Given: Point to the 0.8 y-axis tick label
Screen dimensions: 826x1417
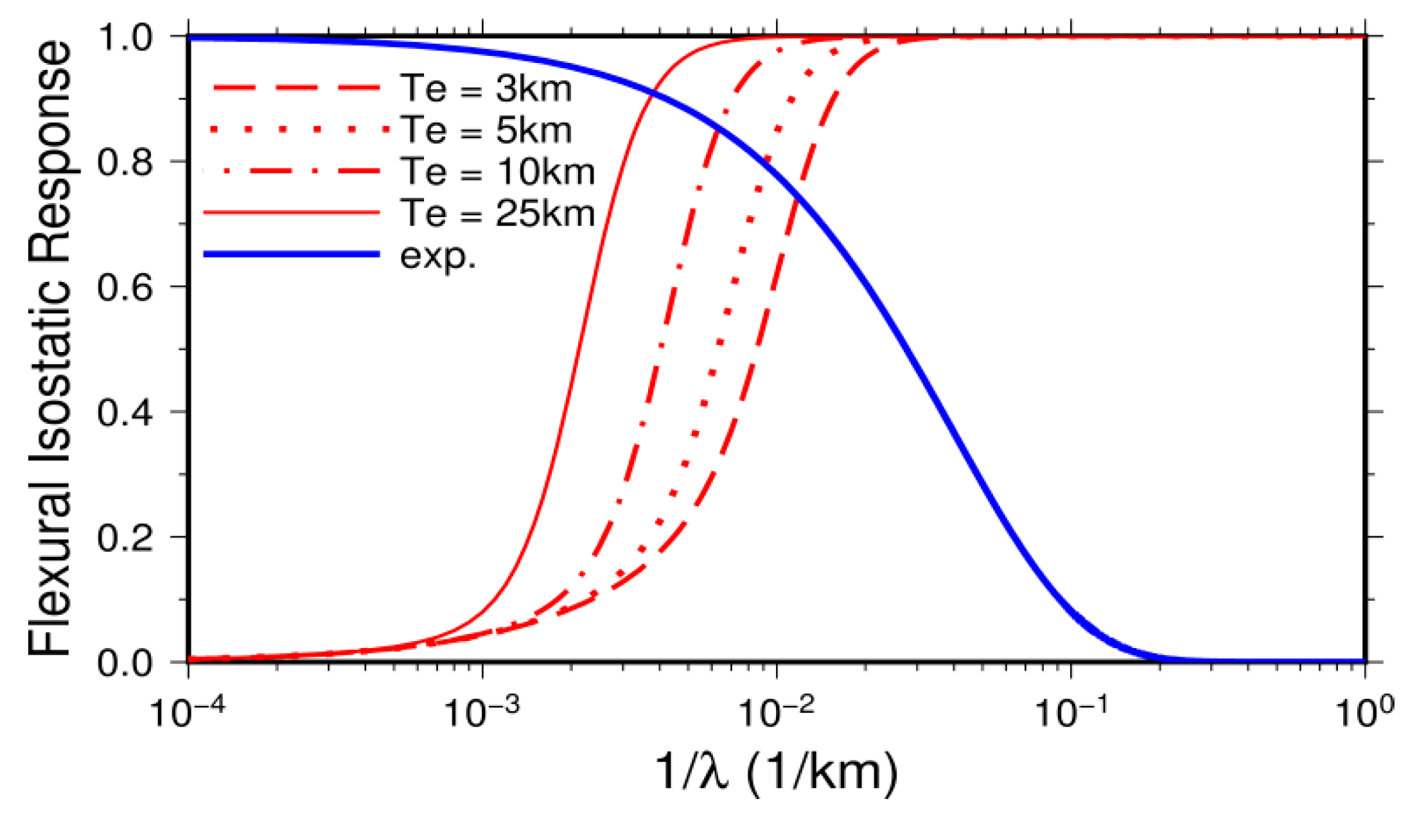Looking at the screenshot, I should point(125,162).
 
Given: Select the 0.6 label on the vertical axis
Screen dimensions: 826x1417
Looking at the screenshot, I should point(125,287).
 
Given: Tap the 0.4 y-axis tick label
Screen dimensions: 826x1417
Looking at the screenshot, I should point(125,412).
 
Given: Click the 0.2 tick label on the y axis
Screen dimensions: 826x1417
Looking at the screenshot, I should point(125,537).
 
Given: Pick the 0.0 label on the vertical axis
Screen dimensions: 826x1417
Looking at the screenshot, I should point(125,662).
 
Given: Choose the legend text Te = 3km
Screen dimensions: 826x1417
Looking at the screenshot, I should point(486,88).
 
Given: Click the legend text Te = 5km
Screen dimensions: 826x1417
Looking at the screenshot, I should point(486,130).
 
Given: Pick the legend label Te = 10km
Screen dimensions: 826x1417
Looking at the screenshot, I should point(497,171).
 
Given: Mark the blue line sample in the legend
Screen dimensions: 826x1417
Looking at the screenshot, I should point(292,254).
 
